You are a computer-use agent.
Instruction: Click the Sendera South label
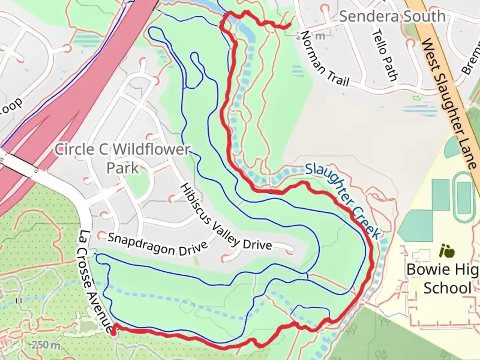[x=392, y=16]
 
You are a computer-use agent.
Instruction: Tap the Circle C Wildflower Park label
[x=122, y=158]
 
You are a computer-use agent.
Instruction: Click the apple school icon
[x=447, y=251]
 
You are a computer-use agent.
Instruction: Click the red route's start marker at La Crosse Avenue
[x=114, y=332]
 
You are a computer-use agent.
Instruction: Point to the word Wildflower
[x=151, y=149]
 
